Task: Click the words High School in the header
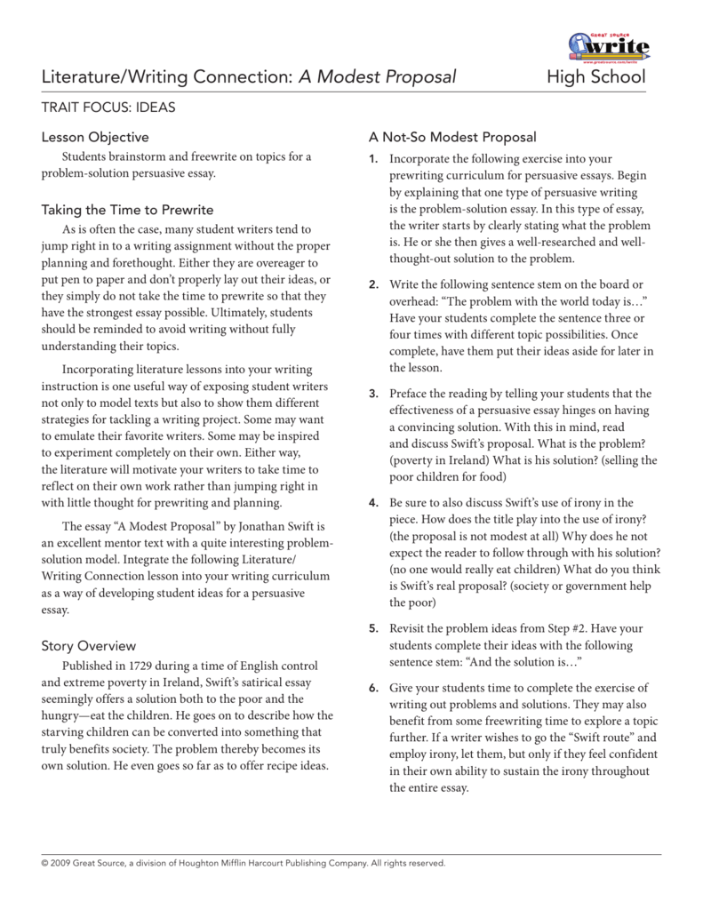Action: click(598, 78)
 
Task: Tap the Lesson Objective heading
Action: click(96, 137)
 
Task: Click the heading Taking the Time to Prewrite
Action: click(128, 210)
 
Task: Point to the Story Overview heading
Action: click(89, 645)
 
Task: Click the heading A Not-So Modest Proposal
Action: click(452, 137)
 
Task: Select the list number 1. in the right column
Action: click(373, 158)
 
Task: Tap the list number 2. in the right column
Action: click(373, 284)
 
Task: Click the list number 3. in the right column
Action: click(373, 394)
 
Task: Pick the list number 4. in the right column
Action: click(373, 503)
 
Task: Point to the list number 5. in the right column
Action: click(373, 628)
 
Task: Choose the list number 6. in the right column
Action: click(373, 688)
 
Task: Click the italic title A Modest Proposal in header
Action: click(377, 78)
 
